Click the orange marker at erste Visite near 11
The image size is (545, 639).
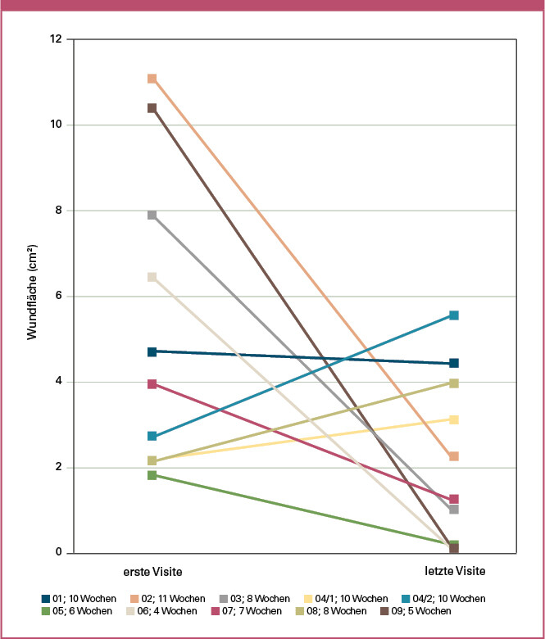coord(152,79)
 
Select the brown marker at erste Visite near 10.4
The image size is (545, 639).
coord(152,108)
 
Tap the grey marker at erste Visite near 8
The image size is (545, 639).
coord(152,215)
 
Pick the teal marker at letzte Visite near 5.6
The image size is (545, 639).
coord(453,315)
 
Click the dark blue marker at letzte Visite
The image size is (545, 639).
coord(453,363)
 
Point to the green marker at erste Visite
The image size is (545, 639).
coord(152,475)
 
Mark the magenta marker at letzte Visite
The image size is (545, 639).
coord(453,499)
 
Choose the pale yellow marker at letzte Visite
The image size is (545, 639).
coord(453,419)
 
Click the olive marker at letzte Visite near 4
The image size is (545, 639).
coord(453,383)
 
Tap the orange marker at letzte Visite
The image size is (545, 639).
coord(453,456)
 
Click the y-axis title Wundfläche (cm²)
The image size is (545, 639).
coord(33,296)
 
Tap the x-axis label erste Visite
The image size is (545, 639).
coord(152,569)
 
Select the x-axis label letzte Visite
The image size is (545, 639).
coord(453,569)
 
